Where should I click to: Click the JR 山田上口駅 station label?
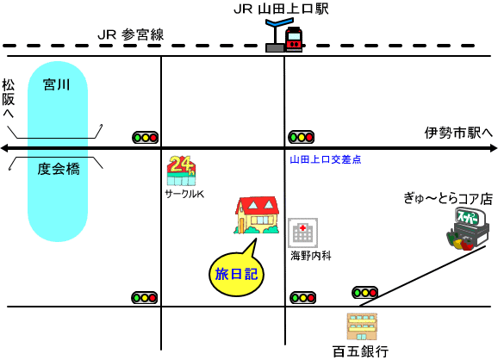(x=281, y=9)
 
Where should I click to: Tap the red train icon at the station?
(x=294, y=39)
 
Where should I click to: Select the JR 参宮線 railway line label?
(x=131, y=34)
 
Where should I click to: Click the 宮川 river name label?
(x=57, y=84)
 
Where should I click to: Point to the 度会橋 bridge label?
(x=59, y=169)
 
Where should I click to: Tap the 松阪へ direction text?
(x=9, y=98)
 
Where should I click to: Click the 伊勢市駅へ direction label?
(x=458, y=133)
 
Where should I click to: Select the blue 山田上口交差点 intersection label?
(x=326, y=159)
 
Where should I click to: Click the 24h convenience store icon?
(x=181, y=171)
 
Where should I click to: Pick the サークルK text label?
(x=184, y=194)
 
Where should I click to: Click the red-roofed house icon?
(x=257, y=215)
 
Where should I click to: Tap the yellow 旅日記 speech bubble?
(x=237, y=273)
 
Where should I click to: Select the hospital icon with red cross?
(x=302, y=233)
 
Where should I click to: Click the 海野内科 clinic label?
(x=311, y=256)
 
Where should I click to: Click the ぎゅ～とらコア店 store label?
(x=448, y=199)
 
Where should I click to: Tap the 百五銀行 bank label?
(x=361, y=351)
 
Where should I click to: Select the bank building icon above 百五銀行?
(x=362, y=326)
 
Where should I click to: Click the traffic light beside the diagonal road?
(x=365, y=292)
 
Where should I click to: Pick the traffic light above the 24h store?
(x=145, y=138)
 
